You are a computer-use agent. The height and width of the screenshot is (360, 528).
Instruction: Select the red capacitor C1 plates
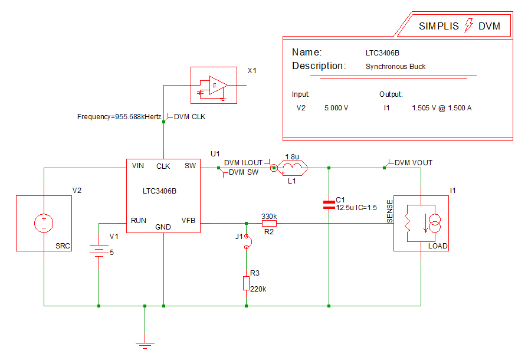tap(329, 205)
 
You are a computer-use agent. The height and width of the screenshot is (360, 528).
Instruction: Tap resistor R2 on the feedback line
tap(269, 224)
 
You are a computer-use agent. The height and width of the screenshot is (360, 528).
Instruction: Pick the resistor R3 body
tap(246, 283)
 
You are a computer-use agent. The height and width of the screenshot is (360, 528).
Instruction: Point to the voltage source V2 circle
tap(44, 223)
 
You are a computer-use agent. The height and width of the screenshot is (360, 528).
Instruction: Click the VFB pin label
tap(188, 221)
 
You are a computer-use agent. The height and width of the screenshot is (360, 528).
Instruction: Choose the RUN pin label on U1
tap(139, 221)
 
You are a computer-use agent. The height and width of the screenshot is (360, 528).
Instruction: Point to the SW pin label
tap(190, 166)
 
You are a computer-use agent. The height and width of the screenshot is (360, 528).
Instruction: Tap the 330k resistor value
tap(270, 216)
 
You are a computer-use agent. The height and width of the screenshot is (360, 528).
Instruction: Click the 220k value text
tap(259, 289)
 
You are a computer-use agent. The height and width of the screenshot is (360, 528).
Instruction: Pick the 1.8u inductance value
tap(291, 157)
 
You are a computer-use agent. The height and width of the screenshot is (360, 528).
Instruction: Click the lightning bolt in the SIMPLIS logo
tap(470, 25)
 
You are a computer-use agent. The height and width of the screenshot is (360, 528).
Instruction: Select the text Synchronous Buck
tap(395, 67)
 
